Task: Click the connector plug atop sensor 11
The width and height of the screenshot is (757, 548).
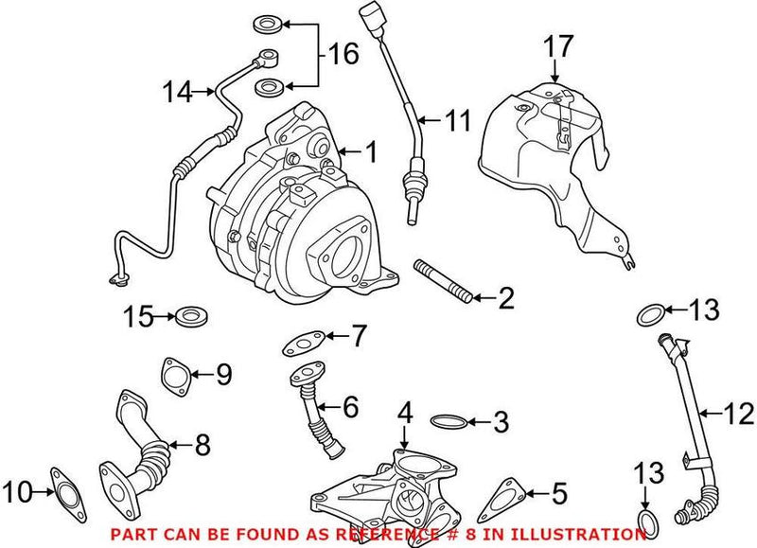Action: click(369, 19)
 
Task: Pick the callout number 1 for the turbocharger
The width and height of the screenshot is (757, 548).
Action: click(371, 150)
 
